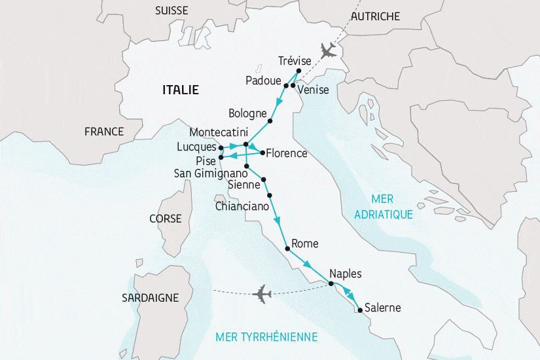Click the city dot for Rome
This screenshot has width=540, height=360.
[x=287, y=249]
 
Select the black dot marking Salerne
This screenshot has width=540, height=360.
[x=359, y=309]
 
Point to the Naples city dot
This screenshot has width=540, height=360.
[x=331, y=283]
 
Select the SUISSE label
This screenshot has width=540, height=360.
[x=171, y=10]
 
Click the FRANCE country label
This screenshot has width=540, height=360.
[x=104, y=132]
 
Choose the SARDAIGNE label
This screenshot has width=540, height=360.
[x=150, y=298]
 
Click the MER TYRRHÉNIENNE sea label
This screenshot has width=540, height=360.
[x=266, y=337]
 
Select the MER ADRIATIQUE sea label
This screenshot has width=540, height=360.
[x=383, y=206]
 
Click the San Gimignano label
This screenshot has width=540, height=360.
[x=210, y=174]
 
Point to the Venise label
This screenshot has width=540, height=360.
[x=313, y=90]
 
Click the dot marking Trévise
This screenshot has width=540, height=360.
[x=298, y=71]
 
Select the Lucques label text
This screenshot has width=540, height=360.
[x=196, y=147]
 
